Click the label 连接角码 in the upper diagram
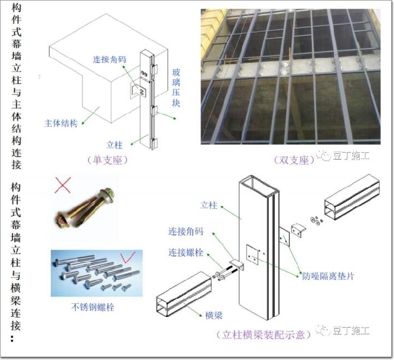(110, 58)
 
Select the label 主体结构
(61, 123)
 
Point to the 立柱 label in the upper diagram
(115, 145)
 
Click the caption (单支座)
(107, 160)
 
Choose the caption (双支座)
(294, 160)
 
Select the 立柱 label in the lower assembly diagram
(209, 206)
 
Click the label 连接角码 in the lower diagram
(185, 232)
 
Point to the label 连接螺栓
(185, 252)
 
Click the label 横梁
(212, 313)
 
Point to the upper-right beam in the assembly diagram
(351, 204)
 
